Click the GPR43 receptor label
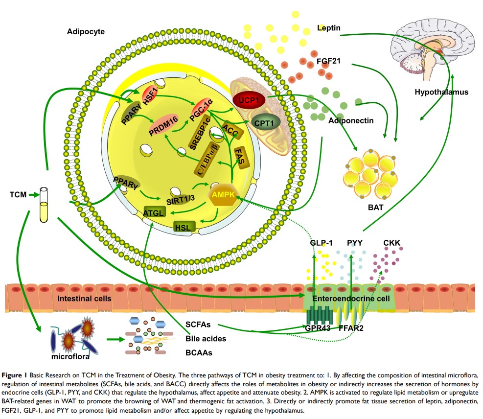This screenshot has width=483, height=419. coord(318,328)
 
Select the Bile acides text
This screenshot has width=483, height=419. coord(206,338)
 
